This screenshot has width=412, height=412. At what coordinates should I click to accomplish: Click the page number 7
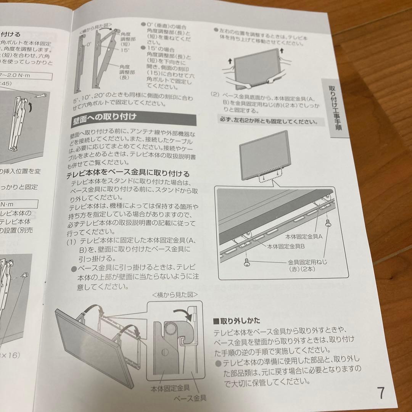click(x=380, y=393)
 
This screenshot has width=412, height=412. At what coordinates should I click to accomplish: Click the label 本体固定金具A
click(x=304, y=236)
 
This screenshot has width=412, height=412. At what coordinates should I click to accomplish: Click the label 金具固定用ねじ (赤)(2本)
click(x=307, y=266)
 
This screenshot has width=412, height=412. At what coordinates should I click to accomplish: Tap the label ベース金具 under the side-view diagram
click(x=190, y=398)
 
